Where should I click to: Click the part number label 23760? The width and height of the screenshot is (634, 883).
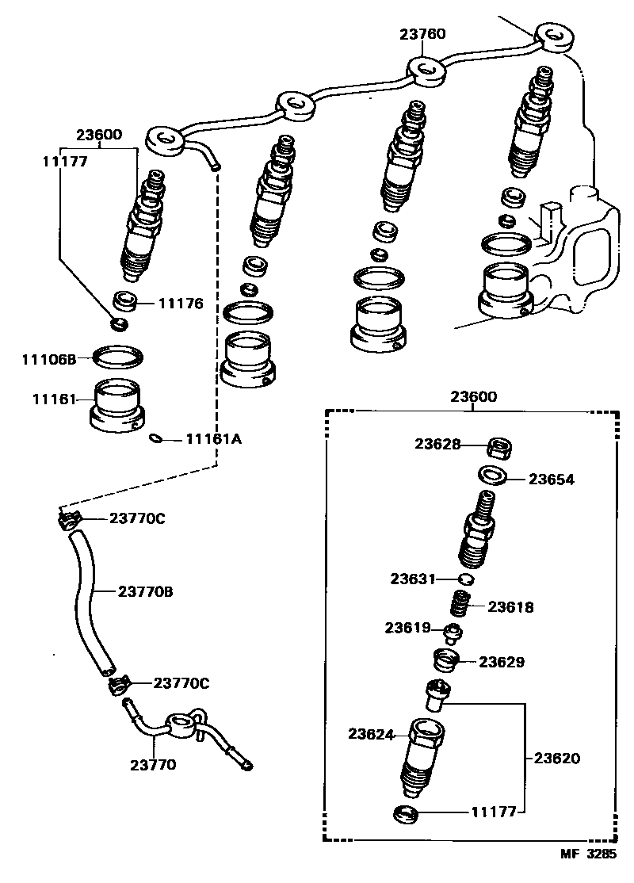422,34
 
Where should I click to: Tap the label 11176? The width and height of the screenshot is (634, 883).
181,303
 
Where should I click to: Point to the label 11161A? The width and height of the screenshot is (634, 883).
213,438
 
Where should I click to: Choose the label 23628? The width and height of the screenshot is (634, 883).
437,445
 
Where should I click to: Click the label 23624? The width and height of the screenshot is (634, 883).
371,734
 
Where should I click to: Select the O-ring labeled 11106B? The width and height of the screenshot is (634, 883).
119,357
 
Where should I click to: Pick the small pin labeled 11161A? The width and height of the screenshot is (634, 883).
156,438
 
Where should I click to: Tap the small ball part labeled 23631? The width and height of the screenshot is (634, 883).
467,579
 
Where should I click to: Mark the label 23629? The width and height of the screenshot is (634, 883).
501,661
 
